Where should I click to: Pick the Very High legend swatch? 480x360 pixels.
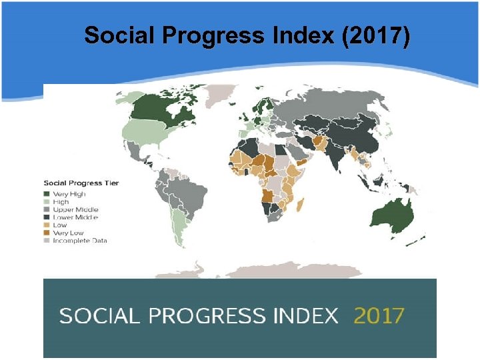pyautogui.click(x=47, y=194)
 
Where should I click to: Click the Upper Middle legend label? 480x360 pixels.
pyautogui.click(x=75, y=209)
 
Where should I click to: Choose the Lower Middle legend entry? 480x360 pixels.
pyautogui.click(x=75, y=217)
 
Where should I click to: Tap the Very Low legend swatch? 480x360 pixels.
pyautogui.click(x=47, y=233)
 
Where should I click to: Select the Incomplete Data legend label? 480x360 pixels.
pyautogui.click(x=80, y=241)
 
